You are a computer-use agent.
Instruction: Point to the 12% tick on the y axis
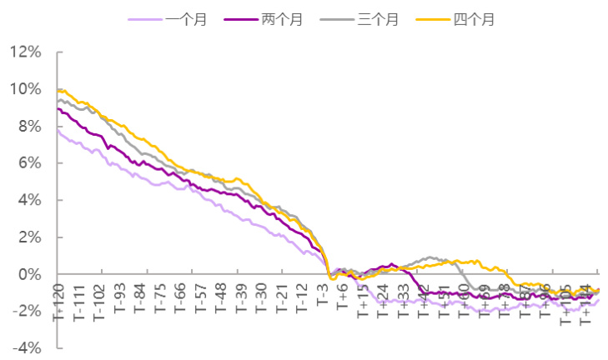[25, 52]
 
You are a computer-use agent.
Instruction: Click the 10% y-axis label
[25, 89]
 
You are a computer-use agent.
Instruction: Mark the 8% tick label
[28, 126]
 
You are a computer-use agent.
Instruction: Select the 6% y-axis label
[28, 163]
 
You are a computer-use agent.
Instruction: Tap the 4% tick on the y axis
[28, 200]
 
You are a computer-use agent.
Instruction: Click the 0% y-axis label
[28, 274]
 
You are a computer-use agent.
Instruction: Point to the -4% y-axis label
[25, 347]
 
